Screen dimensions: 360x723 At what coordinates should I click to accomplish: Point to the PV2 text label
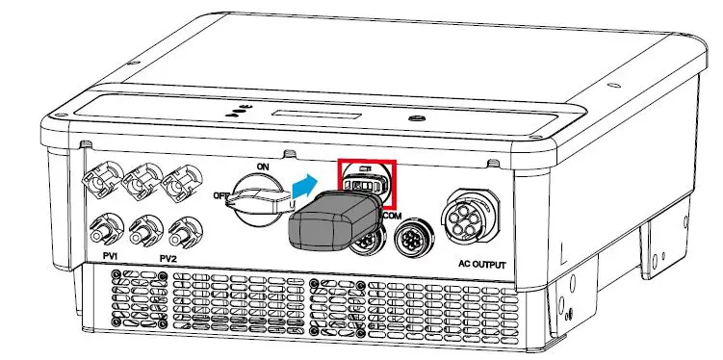click(168, 258)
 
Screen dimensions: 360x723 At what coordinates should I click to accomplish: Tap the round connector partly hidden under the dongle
click(364, 244)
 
